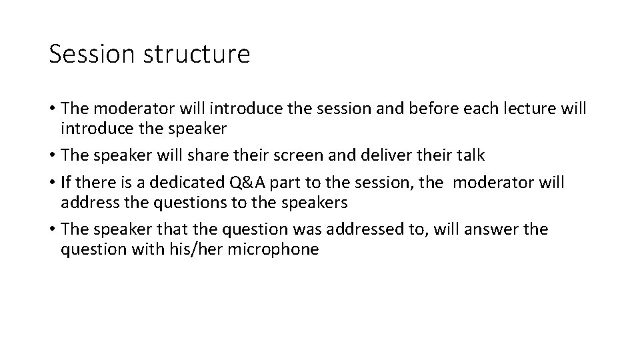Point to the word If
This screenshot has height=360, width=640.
[65, 182]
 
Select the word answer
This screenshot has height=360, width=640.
[489, 229]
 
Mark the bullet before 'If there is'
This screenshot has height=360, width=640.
[52, 182]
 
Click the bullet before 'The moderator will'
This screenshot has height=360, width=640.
[52, 109]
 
